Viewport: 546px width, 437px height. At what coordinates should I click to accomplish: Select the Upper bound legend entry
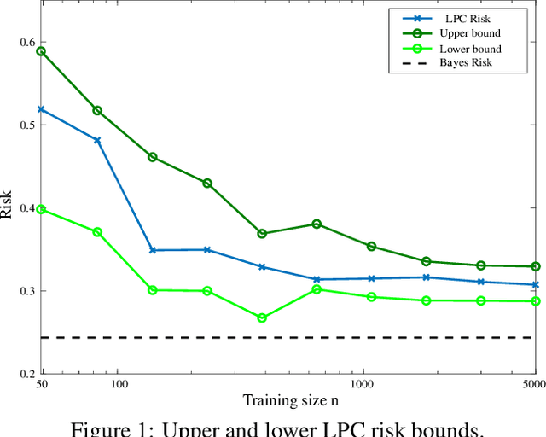point(469,33)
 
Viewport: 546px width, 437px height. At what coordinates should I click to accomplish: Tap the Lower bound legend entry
point(469,49)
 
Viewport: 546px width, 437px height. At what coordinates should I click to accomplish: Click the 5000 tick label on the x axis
point(533,385)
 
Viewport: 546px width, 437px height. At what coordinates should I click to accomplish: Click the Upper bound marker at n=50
point(40,51)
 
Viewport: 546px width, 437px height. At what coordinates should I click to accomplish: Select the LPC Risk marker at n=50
point(40,109)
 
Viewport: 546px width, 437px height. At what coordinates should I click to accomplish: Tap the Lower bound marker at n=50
point(40,209)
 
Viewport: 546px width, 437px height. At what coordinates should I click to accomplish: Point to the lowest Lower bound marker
point(262,318)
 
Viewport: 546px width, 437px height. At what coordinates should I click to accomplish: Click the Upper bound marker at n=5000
point(536,266)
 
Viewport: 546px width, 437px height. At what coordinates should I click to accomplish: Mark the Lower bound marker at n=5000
point(536,301)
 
